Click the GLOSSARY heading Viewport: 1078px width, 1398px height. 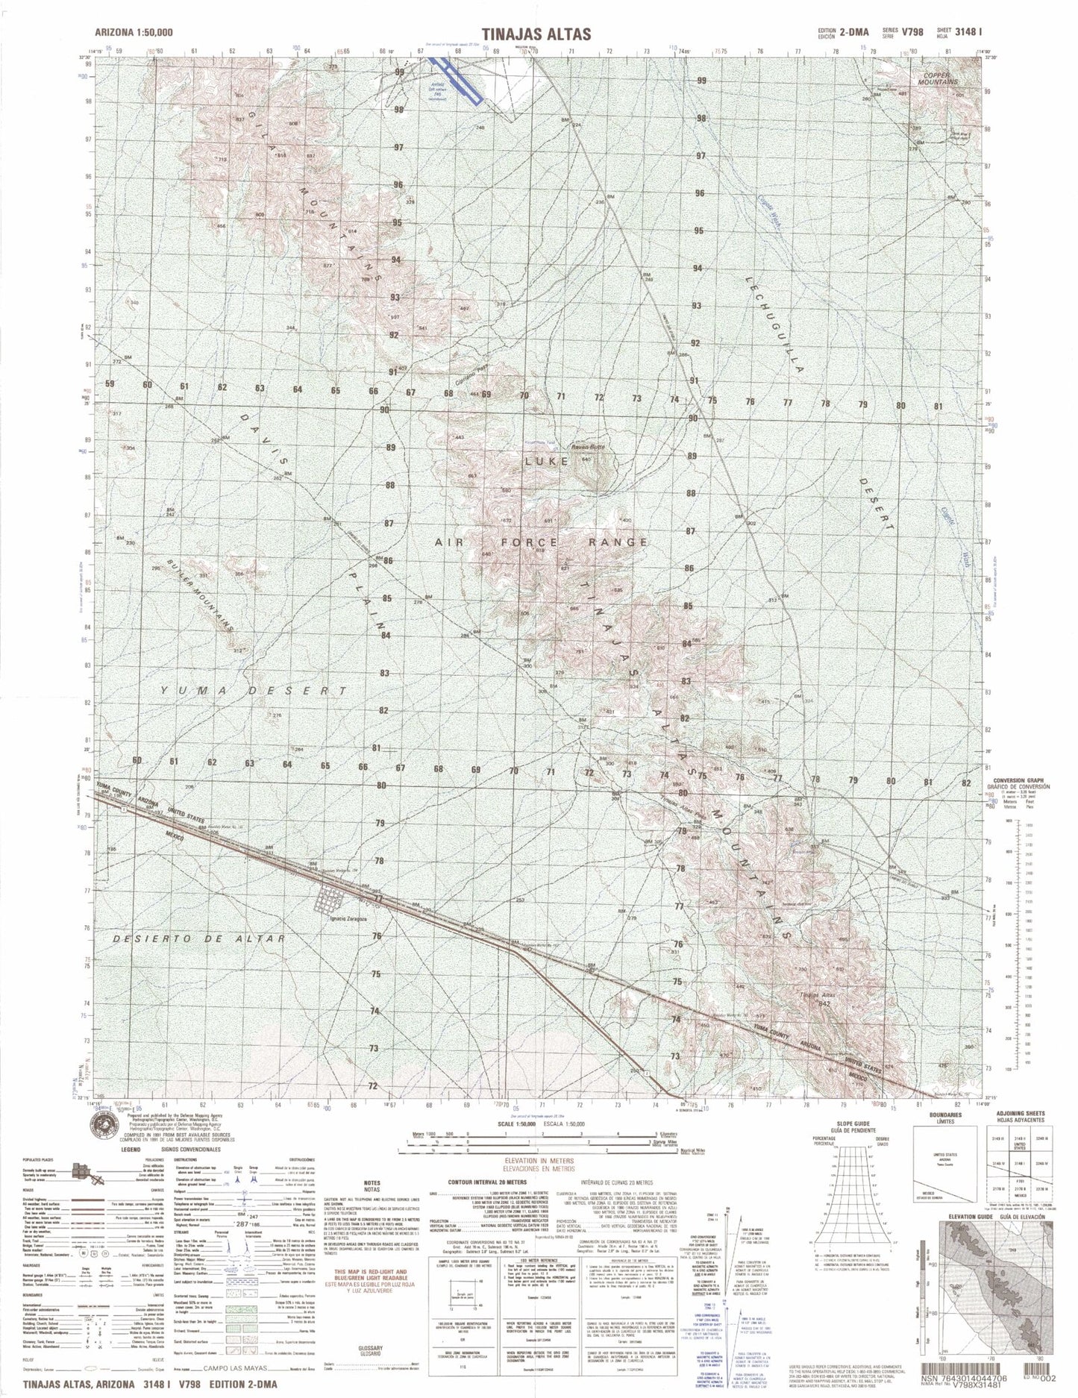point(372,1348)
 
